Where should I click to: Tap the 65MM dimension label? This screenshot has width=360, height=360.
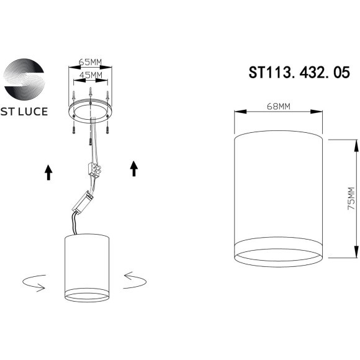pos(91,62)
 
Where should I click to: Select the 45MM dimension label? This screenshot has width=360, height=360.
pos(91,75)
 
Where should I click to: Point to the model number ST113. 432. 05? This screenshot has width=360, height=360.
pos(295,73)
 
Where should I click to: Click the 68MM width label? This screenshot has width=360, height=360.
pos(279,106)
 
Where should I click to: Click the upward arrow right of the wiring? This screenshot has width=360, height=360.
pos(133,168)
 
